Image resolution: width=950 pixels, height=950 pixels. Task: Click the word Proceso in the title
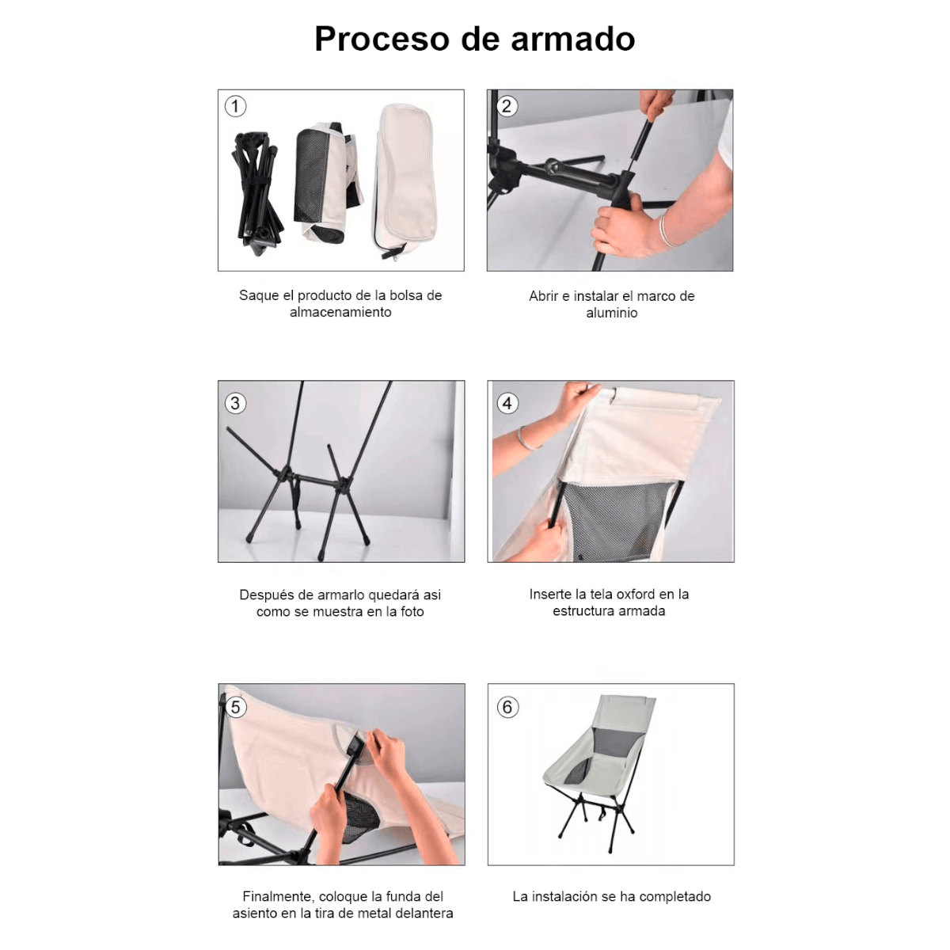pos(382,39)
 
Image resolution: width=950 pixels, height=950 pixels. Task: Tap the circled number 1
pos(235,106)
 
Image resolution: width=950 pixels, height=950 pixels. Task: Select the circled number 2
pos(507,106)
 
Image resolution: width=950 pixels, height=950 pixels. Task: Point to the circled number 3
pos(235,403)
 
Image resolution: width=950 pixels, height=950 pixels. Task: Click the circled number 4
pos(507,403)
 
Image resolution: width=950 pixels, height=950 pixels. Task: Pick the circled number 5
pos(235,707)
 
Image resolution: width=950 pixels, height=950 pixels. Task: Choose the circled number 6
pos(507,707)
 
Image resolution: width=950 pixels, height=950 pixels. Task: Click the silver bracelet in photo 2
pos(666,229)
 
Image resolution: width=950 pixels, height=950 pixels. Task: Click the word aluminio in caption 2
pos(611,313)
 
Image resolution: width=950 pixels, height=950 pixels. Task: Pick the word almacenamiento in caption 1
pos(340,312)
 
